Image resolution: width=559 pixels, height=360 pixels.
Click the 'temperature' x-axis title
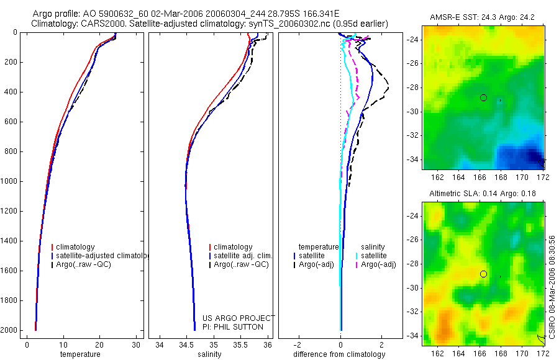pyautogui.click(x=80, y=354)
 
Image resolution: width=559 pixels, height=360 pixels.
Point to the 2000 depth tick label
pyautogui.click(x=9, y=330)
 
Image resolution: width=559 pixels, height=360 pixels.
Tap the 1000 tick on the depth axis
pyautogui.click(x=9, y=181)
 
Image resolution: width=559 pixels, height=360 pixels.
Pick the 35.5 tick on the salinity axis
pyautogui.click(x=241, y=345)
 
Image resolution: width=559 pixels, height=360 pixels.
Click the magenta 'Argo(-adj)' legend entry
pyautogui.click(x=378, y=265)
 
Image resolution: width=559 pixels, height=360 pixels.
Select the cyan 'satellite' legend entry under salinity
pyautogui.click(x=373, y=256)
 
